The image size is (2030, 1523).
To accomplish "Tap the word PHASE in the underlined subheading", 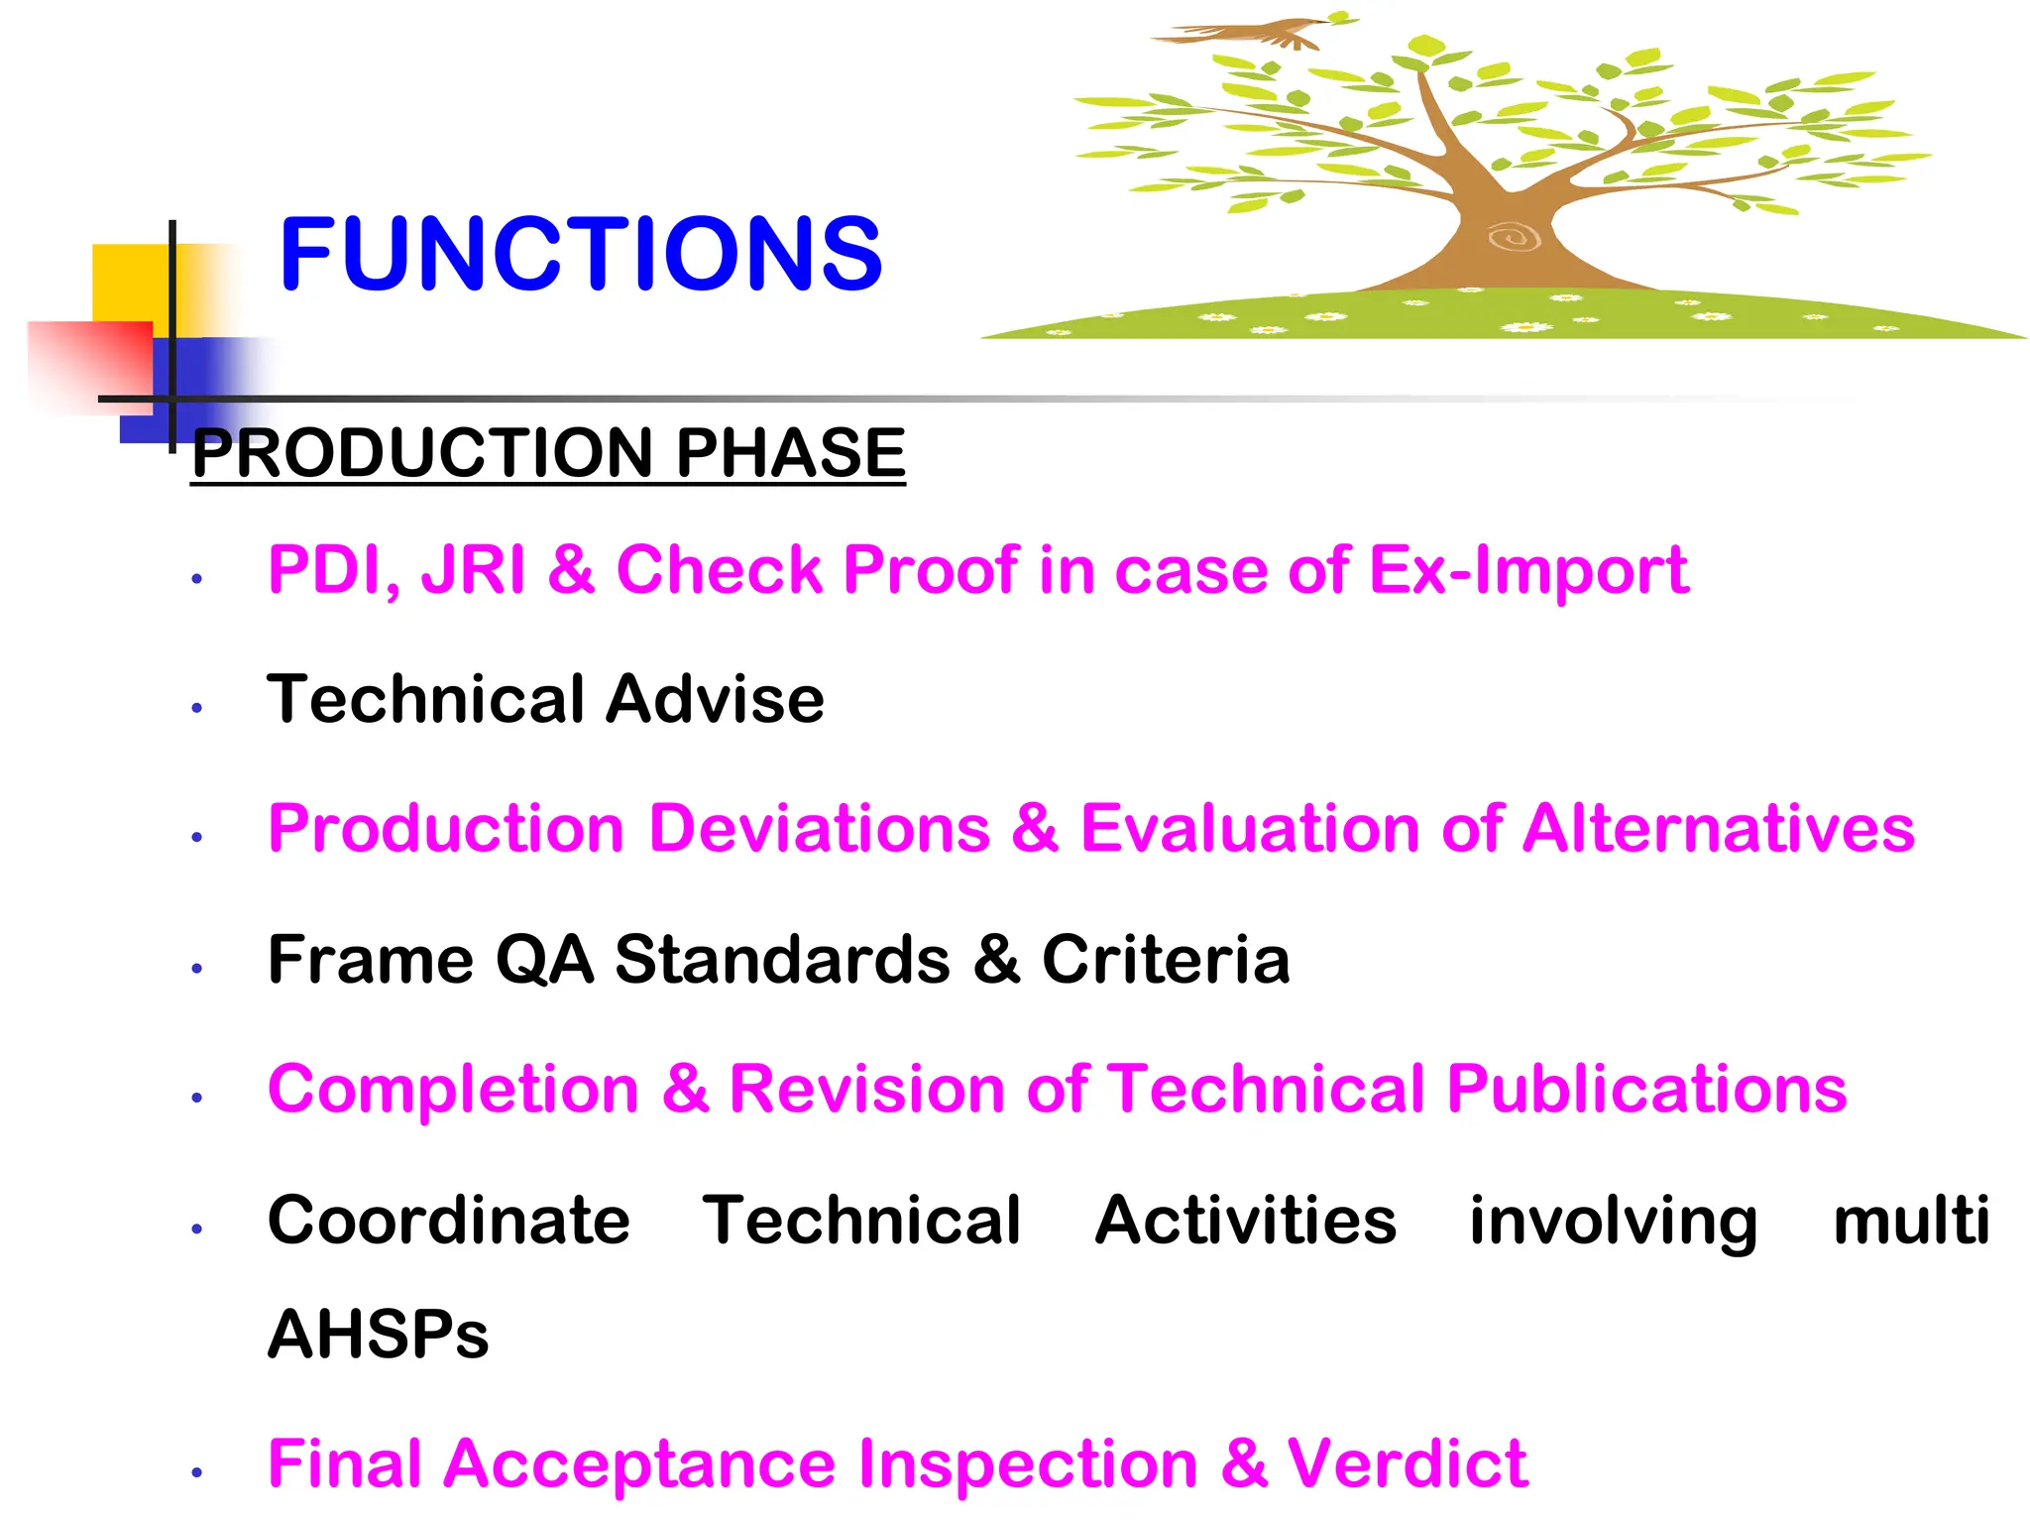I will pos(790,453).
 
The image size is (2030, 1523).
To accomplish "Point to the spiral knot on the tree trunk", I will pos(1514,237).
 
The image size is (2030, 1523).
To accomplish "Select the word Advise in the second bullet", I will pos(715,700).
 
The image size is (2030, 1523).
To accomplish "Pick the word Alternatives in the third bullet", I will pos(1718,829).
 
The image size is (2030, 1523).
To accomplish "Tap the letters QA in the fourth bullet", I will pos(544,960).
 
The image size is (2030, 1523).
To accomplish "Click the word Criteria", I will pos(1166,960).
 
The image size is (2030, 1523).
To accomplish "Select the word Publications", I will pos(1646,1090).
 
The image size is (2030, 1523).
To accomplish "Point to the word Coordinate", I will pos(448,1221).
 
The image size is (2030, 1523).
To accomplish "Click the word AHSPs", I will pos(378,1335).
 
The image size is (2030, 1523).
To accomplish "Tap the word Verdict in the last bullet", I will pos(1407,1464).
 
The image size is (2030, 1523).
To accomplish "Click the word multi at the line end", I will pos(1910,1221).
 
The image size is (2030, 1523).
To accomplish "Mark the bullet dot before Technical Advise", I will pos(197,708).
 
